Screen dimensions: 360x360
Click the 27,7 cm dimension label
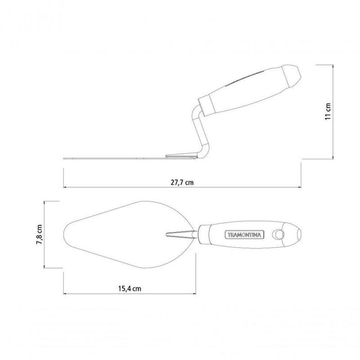click(182, 183)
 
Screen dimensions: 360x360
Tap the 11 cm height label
click(328, 111)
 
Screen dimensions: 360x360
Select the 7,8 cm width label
click(39, 234)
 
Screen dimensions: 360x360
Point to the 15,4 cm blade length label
click(130, 288)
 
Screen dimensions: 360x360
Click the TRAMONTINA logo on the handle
click(244, 235)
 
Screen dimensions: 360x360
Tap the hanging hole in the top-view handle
click(278, 234)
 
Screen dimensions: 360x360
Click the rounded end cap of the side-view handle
click(292, 75)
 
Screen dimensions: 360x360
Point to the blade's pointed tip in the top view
click(64, 234)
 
